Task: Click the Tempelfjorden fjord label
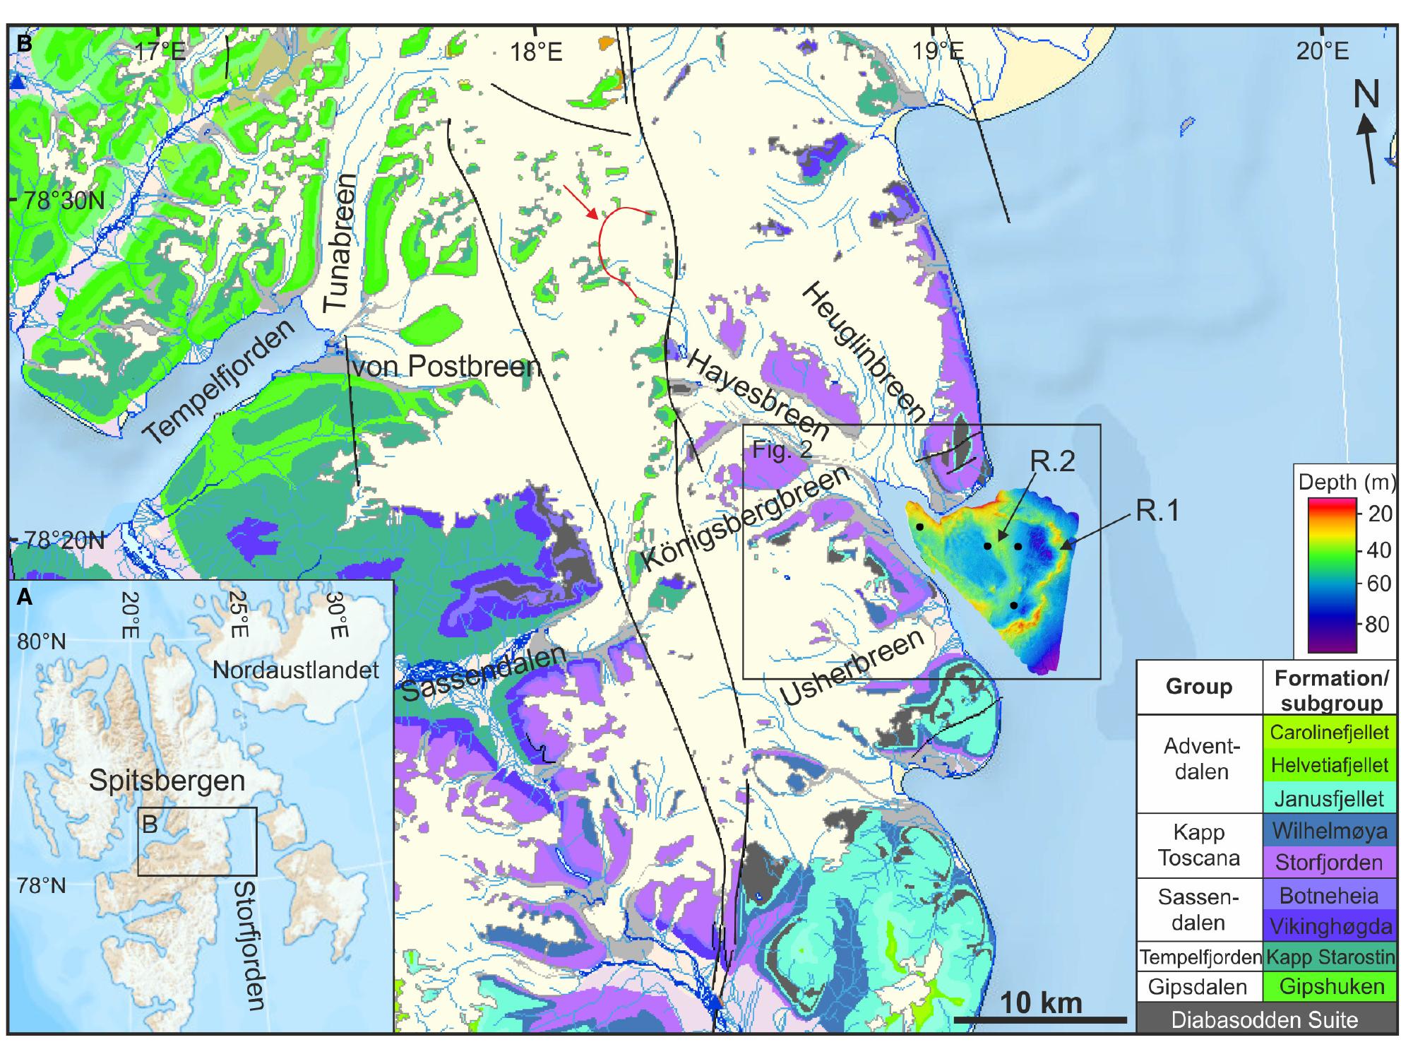click(x=220, y=382)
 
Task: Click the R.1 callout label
click(x=1158, y=509)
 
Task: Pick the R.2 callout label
click(x=1052, y=460)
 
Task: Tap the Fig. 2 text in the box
click(x=782, y=449)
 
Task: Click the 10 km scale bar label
click(x=1041, y=1002)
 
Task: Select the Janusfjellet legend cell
click(x=1329, y=798)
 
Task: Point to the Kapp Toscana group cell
click(x=1198, y=845)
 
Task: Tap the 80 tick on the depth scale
click(x=1378, y=624)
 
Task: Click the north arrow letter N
click(x=1366, y=94)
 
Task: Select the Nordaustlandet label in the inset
click(x=296, y=670)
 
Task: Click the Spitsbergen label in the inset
click(x=167, y=781)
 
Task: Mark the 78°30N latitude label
click(x=64, y=201)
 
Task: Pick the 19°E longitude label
click(x=937, y=51)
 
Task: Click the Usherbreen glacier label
click(x=852, y=666)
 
